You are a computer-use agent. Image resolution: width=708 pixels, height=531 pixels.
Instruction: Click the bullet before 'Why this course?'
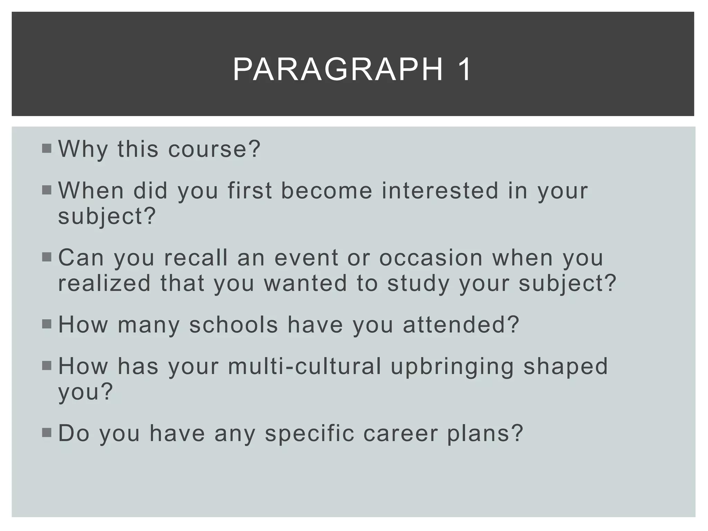[x=46, y=149]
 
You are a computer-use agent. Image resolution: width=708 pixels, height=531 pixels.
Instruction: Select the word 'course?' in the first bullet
[x=214, y=149]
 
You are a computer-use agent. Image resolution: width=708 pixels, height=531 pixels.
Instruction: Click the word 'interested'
[x=440, y=191]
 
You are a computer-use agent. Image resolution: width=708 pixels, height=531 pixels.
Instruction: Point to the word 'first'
[x=250, y=191]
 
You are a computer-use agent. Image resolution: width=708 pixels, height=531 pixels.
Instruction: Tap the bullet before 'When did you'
[x=46, y=190]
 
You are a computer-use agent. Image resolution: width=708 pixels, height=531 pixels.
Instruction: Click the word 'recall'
[x=196, y=258]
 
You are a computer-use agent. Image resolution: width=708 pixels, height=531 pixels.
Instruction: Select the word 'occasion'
[x=431, y=258]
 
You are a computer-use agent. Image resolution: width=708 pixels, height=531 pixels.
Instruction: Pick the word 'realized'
[x=104, y=283]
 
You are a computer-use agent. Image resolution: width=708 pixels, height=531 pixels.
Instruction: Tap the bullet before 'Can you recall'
[x=46, y=257]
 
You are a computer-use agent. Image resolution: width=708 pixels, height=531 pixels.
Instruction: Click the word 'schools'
[x=234, y=325]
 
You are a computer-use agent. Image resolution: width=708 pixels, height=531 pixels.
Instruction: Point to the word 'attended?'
[x=461, y=325]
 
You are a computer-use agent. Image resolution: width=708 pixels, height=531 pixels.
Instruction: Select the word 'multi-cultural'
[x=305, y=366]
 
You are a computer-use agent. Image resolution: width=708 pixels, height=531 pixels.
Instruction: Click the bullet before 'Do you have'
[x=46, y=432]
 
